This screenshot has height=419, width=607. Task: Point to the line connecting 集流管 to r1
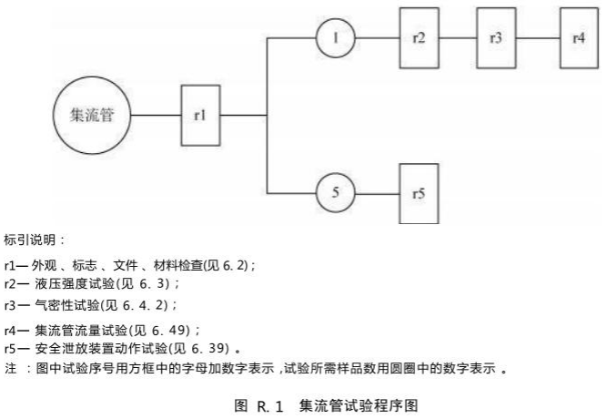tap(156, 115)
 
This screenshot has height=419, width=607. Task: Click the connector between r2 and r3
tap(458, 38)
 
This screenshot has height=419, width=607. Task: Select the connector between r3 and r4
tap(538, 38)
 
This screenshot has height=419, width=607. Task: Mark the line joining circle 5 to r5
tap(377, 193)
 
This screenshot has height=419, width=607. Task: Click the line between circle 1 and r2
tap(377, 38)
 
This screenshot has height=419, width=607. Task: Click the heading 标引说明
tap(30, 240)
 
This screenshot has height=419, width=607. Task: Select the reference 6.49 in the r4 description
tap(170, 331)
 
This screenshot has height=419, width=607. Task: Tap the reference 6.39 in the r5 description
tap(210, 349)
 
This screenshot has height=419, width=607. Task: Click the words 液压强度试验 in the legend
tap(75, 283)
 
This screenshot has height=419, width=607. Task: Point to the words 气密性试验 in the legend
tap(67, 305)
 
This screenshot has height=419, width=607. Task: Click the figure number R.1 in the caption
tap(269, 406)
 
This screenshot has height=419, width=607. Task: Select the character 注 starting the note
tap(10, 368)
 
